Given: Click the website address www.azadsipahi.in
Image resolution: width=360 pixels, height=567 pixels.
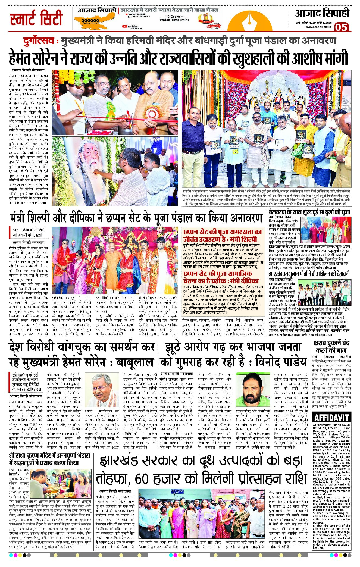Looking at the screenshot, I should (x=318, y=27).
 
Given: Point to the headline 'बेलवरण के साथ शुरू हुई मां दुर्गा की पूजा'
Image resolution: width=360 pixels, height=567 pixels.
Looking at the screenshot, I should (x=309, y=212).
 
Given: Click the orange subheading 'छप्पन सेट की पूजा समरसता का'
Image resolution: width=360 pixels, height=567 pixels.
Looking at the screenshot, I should (x=223, y=232).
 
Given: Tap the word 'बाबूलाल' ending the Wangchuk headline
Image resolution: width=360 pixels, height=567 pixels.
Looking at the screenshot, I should (x=135, y=362).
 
